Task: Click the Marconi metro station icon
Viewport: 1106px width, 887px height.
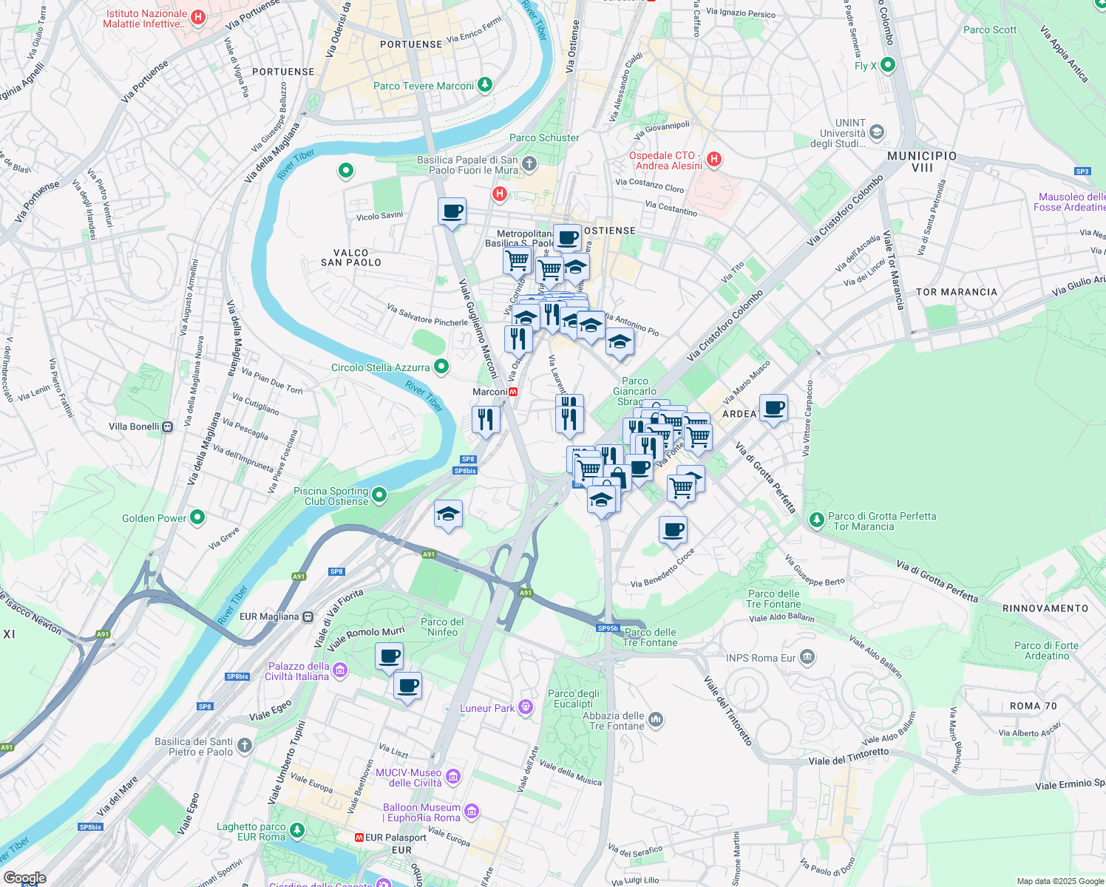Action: pos(513,392)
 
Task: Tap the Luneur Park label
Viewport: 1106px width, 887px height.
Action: pos(487,708)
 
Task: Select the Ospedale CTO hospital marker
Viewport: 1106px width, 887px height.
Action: pos(713,159)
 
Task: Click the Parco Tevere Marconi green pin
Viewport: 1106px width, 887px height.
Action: pos(484,85)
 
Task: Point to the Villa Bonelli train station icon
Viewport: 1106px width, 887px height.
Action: pos(168,426)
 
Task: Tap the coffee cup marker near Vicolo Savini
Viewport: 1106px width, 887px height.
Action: pos(452,212)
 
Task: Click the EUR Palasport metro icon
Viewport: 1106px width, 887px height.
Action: pos(359,837)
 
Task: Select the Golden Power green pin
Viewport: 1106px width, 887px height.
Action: pos(197,517)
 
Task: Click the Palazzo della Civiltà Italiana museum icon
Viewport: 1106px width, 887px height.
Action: pos(340,670)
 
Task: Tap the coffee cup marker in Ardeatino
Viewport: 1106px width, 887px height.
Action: pos(773,408)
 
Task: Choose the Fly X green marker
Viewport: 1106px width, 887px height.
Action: pos(888,65)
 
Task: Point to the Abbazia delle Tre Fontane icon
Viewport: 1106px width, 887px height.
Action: pos(655,719)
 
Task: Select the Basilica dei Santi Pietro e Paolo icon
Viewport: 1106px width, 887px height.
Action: pos(245,745)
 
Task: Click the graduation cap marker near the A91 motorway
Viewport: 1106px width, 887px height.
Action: pos(448,514)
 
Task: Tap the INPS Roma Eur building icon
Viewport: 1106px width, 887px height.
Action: pos(807,656)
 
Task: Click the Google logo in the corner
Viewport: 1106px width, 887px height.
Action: pos(24,878)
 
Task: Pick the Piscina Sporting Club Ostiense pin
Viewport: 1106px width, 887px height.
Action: pos(379,495)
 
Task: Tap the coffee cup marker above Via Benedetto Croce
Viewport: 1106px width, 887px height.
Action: pos(673,530)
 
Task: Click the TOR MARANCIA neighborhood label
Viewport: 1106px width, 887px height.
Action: pos(957,292)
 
